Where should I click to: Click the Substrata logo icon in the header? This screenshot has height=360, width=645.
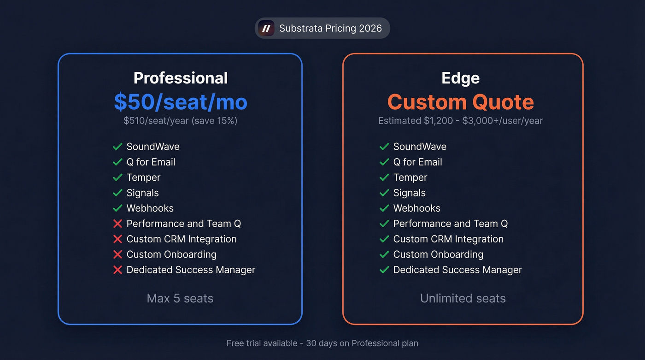266,29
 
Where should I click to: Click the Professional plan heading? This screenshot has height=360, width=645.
181,78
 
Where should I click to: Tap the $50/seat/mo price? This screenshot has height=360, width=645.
181,102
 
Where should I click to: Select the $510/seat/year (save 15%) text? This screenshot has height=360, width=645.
181,121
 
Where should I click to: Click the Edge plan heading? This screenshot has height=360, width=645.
461,78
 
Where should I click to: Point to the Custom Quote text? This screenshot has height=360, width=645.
461,102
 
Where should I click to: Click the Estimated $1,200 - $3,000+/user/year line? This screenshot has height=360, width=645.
461,121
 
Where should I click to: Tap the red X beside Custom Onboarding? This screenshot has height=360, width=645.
117,254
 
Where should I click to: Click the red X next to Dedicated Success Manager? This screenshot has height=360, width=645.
117,270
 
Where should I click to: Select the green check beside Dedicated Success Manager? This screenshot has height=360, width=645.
384,270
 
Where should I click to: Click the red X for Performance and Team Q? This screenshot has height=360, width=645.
117,224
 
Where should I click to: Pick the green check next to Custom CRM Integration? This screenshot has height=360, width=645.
384,239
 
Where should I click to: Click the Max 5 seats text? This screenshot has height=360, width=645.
180,298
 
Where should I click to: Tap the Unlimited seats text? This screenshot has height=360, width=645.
463,298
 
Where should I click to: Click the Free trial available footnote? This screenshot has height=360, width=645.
322,343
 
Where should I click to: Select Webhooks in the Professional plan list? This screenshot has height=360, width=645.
150,208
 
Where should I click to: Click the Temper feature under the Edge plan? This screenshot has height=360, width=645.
410,177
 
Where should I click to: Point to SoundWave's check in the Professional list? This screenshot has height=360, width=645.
117,147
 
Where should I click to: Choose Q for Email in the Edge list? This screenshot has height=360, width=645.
417,162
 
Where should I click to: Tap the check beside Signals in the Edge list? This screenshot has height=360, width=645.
384,193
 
